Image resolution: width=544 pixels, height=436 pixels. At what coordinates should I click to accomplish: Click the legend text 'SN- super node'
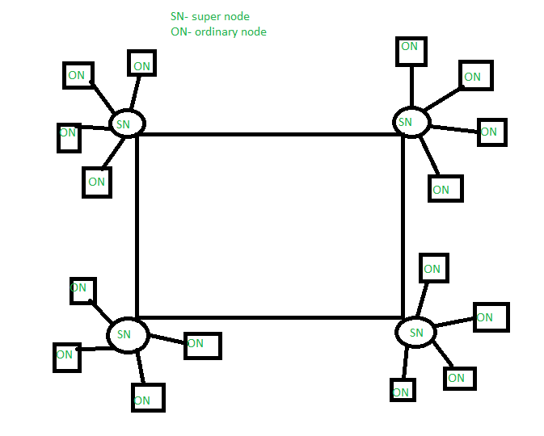pyautogui.click(x=215, y=16)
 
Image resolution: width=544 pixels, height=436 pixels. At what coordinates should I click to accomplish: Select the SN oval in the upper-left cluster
pyautogui.click(x=126, y=124)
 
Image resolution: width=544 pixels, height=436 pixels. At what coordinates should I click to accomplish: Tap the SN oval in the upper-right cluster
pyautogui.click(x=411, y=122)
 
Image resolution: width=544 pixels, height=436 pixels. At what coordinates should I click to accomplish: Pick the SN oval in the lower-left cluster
pyautogui.click(x=128, y=334)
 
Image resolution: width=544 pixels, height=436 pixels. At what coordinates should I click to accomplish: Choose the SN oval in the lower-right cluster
pyautogui.click(x=415, y=333)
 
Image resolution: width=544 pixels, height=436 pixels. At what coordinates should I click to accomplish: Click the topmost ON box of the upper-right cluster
pyautogui.click(x=411, y=50)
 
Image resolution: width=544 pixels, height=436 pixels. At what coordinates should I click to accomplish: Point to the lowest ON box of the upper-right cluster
pyautogui.click(x=445, y=188)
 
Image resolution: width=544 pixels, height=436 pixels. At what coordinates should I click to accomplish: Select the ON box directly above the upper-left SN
pyautogui.click(x=141, y=63)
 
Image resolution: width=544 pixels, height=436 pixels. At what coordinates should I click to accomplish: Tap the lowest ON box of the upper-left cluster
pyautogui.click(x=97, y=182)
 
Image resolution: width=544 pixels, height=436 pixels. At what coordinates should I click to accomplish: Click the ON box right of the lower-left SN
pyautogui.click(x=202, y=345)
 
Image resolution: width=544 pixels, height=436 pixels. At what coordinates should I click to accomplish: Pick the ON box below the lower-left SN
pyautogui.click(x=148, y=398)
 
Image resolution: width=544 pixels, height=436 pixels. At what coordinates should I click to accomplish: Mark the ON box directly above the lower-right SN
pyautogui.click(x=433, y=268)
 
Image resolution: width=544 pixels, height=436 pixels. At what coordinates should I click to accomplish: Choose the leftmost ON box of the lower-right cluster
pyautogui.click(x=402, y=390)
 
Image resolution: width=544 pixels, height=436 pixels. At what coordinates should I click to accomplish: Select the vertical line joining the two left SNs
pyautogui.click(x=137, y=226)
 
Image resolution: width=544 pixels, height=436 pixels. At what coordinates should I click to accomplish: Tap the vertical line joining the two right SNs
pyautogui.click(x=403, y=226)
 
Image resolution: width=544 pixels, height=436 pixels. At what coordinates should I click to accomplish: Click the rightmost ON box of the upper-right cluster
pyautogui.click(x=491, y=132)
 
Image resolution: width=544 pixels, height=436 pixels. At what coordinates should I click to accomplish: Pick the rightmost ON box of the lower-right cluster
pyautogui.click(x=491, y=317)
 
